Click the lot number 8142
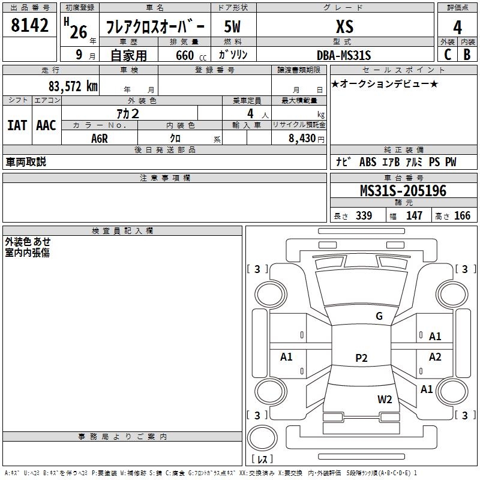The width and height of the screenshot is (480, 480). tap(30, 26)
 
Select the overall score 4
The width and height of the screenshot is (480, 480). tap(457, 28)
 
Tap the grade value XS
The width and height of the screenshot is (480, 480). tap(344, 26)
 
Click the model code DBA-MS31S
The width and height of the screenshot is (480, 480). tap(344, 55)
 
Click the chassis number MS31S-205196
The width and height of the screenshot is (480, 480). tap(403, 191)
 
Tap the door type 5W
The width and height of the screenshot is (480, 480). tap(232, 26)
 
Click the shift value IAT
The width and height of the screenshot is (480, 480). tap(17, 125)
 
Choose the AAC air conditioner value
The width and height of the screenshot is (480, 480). tap(46, 125)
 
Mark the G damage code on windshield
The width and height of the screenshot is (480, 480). tap(379, 316)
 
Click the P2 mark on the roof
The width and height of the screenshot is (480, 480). tap(361, 358)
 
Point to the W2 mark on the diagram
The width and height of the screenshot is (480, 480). tap(385, 400)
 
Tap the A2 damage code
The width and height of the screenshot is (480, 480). tap(435, 357)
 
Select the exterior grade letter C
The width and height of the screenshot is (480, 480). tap(447, 55)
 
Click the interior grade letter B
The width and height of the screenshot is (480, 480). tap(467, 55)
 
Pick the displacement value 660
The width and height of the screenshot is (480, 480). tap(185, 56)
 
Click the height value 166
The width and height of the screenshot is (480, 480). tap(463, 216)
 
